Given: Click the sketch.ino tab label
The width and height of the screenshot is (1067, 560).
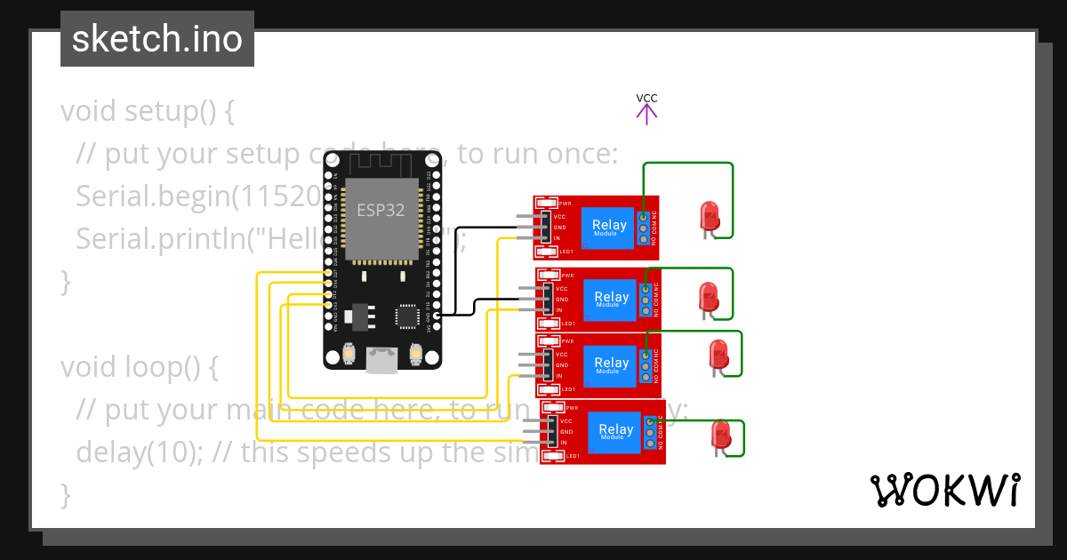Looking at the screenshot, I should tap(156, 39).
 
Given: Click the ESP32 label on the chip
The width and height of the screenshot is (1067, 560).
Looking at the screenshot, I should tap(381, 211).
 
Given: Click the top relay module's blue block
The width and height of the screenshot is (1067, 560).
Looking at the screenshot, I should tap(609, 228).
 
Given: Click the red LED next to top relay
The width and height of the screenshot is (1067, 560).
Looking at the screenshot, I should tap(709, 216).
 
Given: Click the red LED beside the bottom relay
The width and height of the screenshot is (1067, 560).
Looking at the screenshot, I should tap(720, 436).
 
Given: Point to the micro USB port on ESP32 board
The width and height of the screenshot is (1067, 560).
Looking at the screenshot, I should tap(382, 359).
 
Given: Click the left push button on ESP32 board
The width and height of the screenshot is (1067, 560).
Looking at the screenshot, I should tap(350, 356).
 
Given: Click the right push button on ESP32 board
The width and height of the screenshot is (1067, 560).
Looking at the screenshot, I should tap(415, 356).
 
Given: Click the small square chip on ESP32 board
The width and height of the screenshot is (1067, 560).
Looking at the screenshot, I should tap(407, 316).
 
